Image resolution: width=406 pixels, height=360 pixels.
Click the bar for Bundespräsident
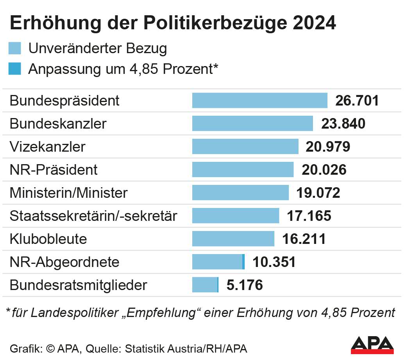pos(259,100)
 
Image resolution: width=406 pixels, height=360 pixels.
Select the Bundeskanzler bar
pos(252,124)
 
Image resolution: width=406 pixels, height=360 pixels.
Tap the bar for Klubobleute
pos(233,238)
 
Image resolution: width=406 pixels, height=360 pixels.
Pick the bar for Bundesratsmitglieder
pos(205,285)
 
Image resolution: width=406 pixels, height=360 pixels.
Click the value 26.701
pos(357,101)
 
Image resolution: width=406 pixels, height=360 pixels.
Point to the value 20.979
pos(328,147)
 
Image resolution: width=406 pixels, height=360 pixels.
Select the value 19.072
pos(318,193)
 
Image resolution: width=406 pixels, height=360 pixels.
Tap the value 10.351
pos(274,262)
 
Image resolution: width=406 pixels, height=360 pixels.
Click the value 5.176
pos(245,285)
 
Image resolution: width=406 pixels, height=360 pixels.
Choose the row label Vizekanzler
pos(47,147)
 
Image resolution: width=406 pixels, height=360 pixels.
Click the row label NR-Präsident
pos(54,170)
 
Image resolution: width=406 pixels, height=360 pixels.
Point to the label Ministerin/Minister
pos(68,193)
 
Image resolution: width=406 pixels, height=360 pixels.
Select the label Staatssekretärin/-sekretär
pos(93,216)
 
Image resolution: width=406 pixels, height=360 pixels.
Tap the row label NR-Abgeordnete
pos(64,262)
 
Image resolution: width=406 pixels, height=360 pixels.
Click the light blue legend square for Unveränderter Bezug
pos(15,48)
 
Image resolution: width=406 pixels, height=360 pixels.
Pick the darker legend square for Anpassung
pos(15,69)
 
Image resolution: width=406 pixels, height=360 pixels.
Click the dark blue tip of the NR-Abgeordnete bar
pos(243,261)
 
